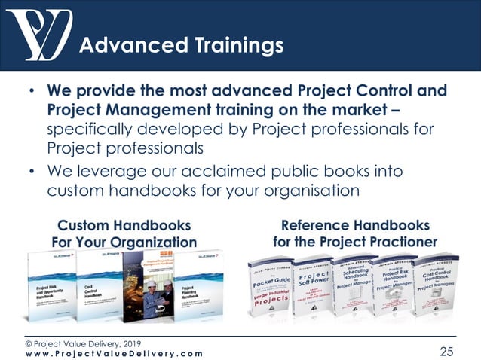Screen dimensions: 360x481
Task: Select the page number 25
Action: click(x=449, y=350)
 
